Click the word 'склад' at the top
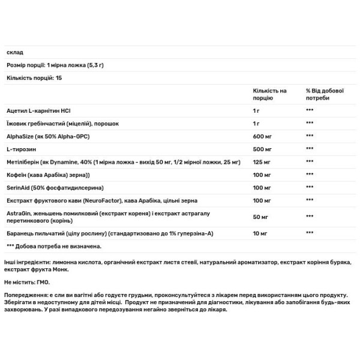pyautogui.click(x=14, y=52)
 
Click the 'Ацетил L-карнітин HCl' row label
pyautogui.click(x=40, y=111)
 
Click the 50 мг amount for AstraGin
pyautogui.click(x=261, y=217)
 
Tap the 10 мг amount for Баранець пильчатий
pyautogui.click(x=261, y=233)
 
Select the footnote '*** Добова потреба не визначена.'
pyautogui.click(x=54, y=246)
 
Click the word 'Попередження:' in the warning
pyautogui.click(x=25, y=296)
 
